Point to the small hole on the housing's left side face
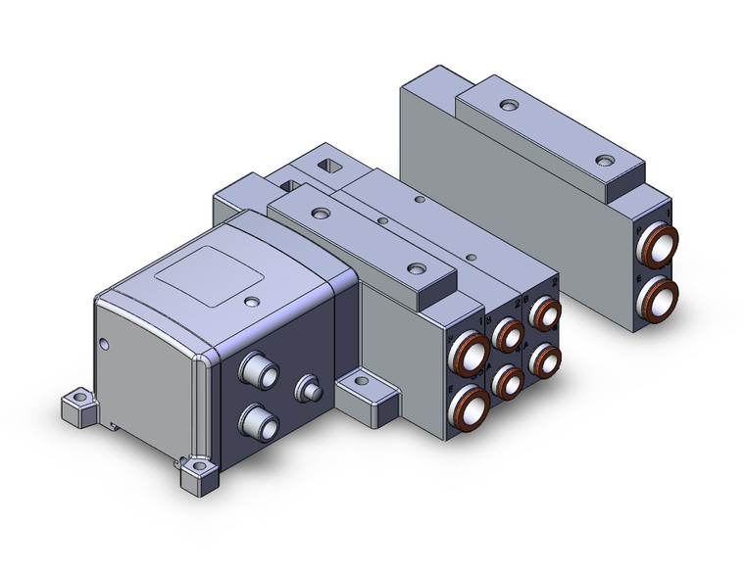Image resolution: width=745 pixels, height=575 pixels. point(105,343)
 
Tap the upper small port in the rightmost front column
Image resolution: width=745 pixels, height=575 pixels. point(545,315)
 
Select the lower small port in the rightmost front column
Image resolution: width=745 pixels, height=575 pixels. point(545,359)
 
